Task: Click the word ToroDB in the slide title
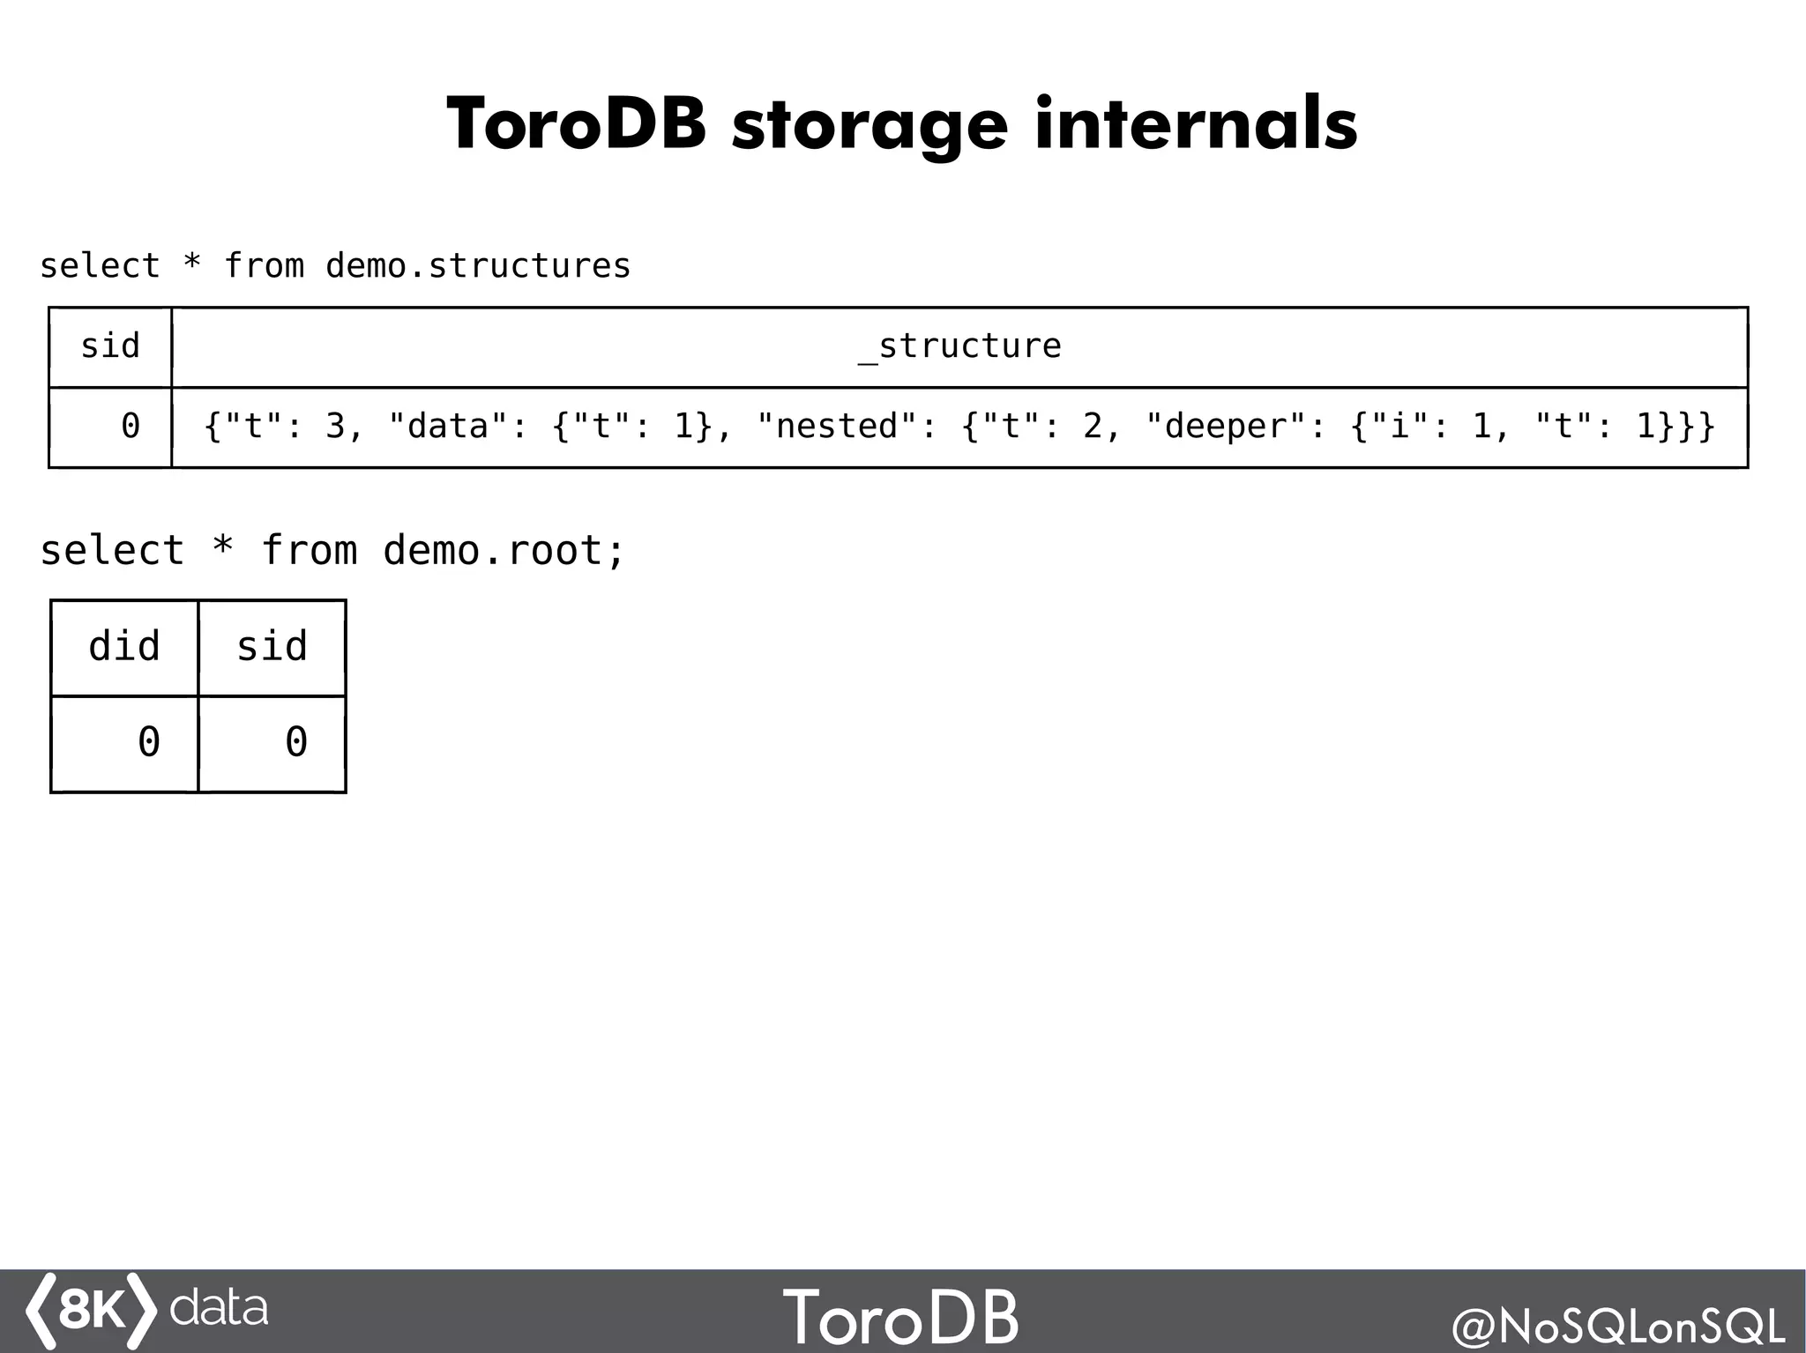tap(576, 124)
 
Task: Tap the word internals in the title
tap(1196, 124)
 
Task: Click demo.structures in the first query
tap(478, 266)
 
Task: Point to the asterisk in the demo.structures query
tap(191, 264)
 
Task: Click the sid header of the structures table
tap(110, 346)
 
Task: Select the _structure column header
tap(959, 346)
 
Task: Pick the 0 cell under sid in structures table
tap(130, 427)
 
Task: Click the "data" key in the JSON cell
tap(449, 427)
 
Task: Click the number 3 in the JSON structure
tap(335, 427)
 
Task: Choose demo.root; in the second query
tap(504, 552)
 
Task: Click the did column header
tap(124, 647)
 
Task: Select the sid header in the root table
tap(272, 647)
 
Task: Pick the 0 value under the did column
tap(148, 742)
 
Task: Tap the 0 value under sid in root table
tap(295, 742)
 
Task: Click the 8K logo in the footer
tap(92, 1311)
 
